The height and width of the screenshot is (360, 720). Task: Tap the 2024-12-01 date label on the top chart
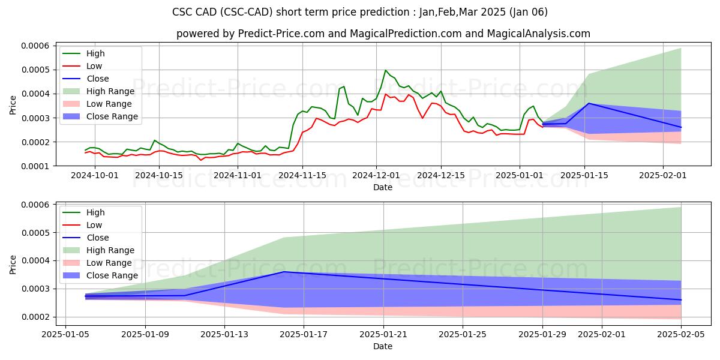(x=376, y=175)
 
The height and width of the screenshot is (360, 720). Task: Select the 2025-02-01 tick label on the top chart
(x=662, y=175)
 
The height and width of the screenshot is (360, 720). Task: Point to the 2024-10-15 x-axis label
(x=158, y=175)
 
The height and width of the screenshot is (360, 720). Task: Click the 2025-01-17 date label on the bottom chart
(x=304, y=334)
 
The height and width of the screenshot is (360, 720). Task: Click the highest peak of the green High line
(x=386, y=70)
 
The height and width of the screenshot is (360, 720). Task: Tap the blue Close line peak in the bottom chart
(x=284, y=272)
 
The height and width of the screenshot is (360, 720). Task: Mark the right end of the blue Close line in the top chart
(x=681, y=127)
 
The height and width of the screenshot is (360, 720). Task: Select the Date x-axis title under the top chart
(x=383, y=187)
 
